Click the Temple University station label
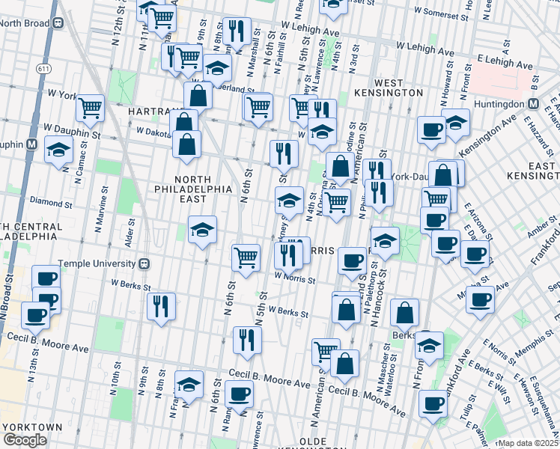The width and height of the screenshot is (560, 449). point(97,263)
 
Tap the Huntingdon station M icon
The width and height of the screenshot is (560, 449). point(534,105)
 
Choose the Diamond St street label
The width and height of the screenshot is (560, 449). point(51,202)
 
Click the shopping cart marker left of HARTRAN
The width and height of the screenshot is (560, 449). point(90,107)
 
